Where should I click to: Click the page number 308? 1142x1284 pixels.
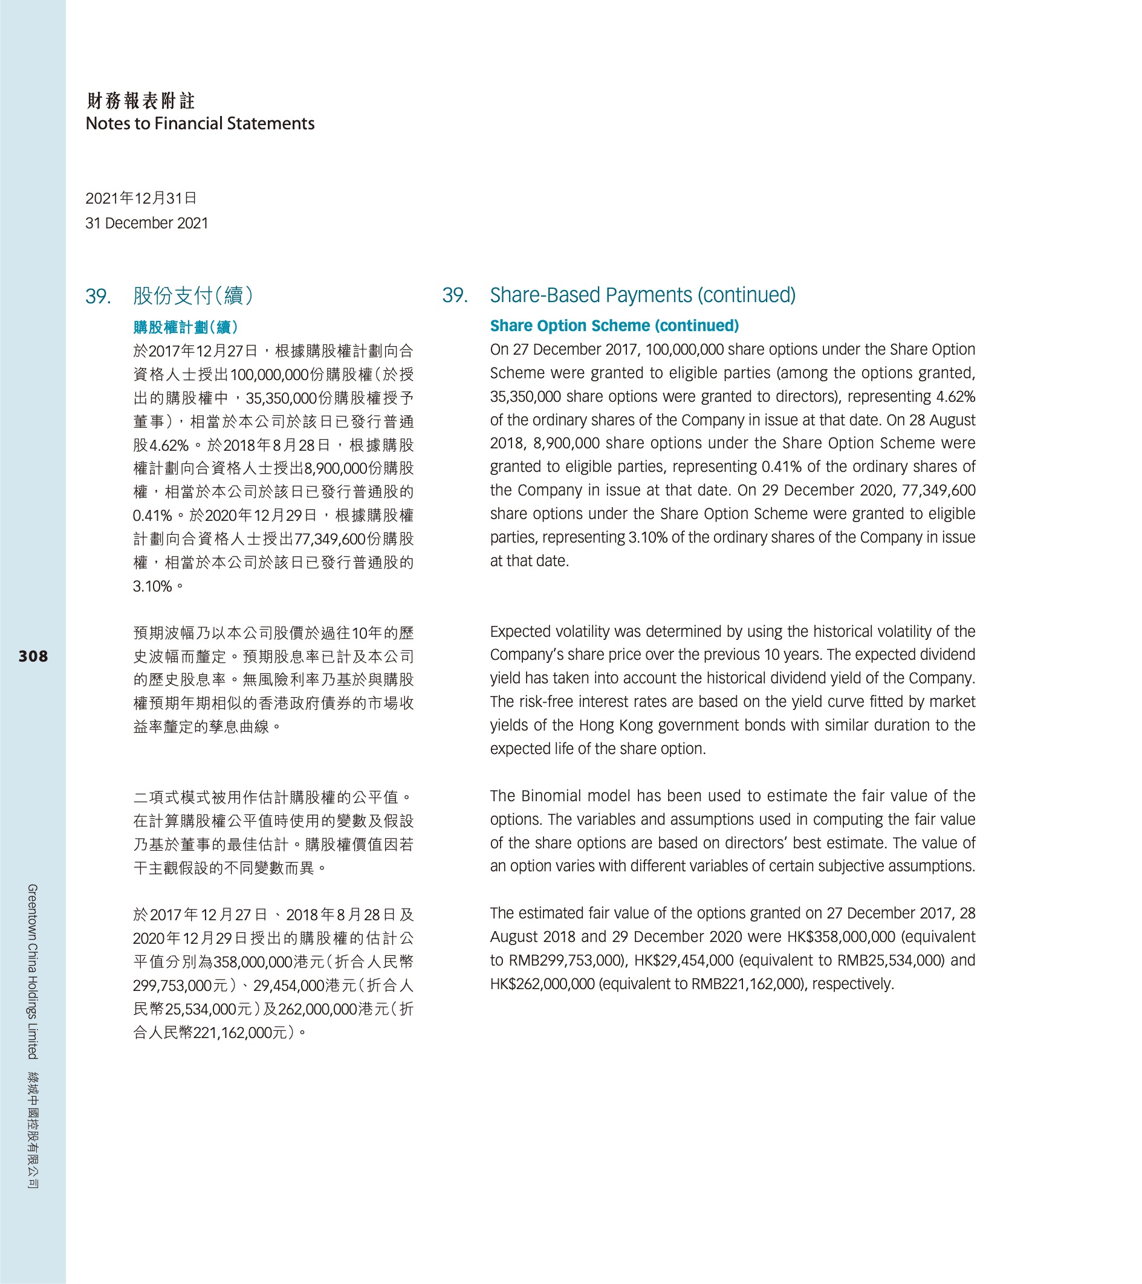(x=33, y=656)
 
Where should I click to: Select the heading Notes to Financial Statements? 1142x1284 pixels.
(x=200, y=124)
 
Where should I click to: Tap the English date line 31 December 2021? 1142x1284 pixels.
(x=146, y=223)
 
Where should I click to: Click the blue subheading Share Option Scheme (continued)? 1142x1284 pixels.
(x=614, y=326)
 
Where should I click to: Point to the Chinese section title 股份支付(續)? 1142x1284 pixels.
(x=193, y=295)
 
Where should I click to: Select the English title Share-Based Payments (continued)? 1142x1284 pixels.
(x=642, y=295)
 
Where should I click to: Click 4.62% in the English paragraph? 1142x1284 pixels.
(x=955, y=396)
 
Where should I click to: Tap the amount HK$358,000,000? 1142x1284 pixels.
(x=841, y=937)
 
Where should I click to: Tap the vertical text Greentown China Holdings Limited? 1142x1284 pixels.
(x=33, y=971)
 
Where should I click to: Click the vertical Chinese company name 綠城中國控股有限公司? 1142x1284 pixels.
(x=33, y=1129)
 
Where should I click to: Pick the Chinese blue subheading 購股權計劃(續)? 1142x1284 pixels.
(x=186, y=327)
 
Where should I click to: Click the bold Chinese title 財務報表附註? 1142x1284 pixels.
(x=141, y=100)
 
